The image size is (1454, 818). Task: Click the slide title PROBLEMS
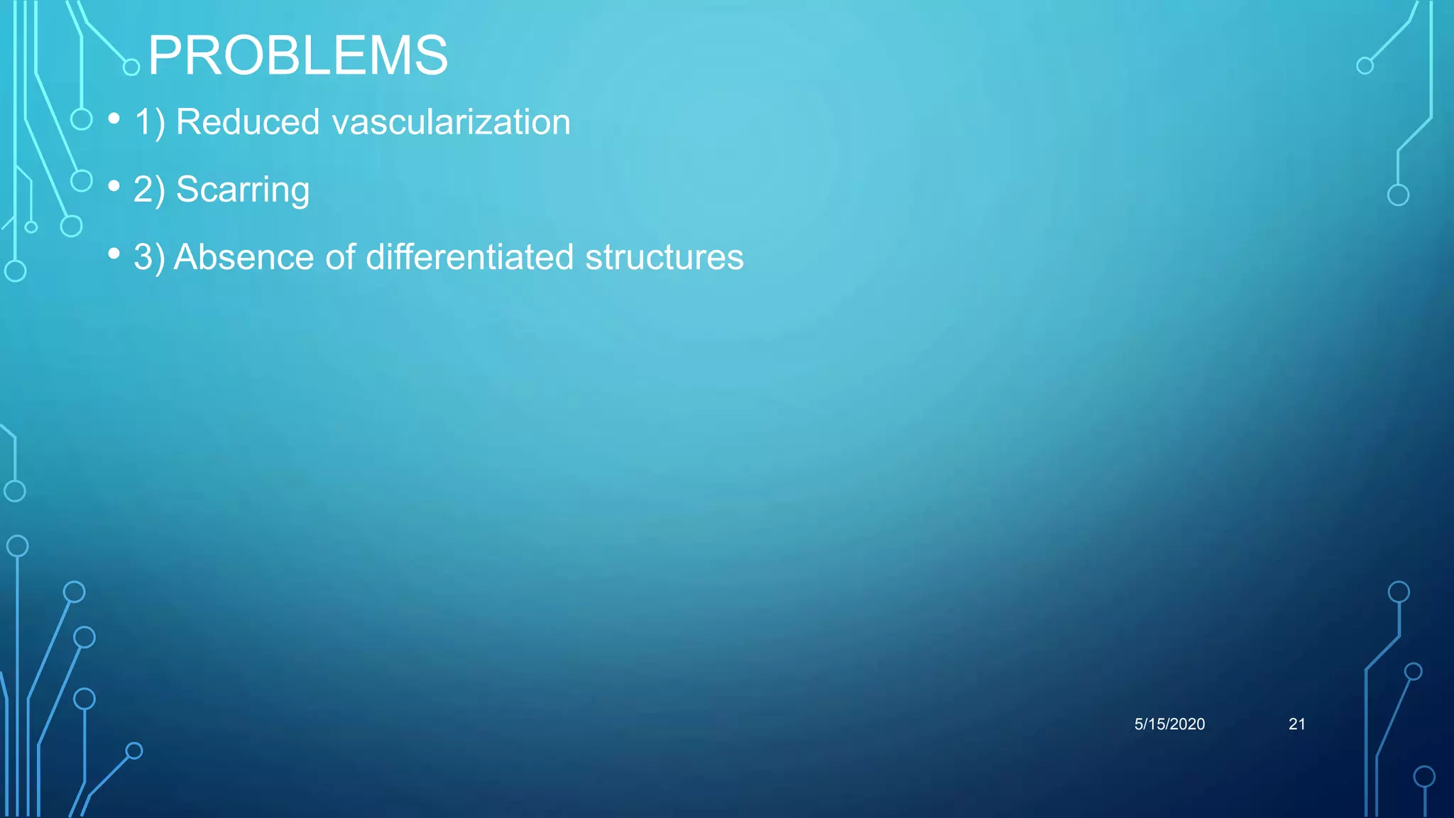click(x=298, y=55)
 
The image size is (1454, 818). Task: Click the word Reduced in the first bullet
click(x=248, y=121)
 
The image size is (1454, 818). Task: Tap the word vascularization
click(x=452, y=121)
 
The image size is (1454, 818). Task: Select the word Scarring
click(x=243, y=190)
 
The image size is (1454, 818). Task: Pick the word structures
click(x=664, y=256)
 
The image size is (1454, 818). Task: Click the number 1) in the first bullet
click(x=149, y=121)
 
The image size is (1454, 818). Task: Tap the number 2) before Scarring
click(x=149, y=190)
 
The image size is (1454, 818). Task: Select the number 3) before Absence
click(x=149, y=256)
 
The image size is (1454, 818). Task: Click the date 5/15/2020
click(x=1169, y=724)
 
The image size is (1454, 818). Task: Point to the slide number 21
click(x=1296, y=724)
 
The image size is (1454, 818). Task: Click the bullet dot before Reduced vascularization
click(x=114, y=119)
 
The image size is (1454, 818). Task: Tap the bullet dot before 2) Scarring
click(x=114, y=186)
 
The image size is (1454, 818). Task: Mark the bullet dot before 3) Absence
click(x=114, y=253)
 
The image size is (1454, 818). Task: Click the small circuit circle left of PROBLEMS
click(x=131, y=67)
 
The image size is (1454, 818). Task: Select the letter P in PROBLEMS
click(x=165, y=55)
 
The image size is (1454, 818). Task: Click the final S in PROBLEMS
click(x=431, y=55)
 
